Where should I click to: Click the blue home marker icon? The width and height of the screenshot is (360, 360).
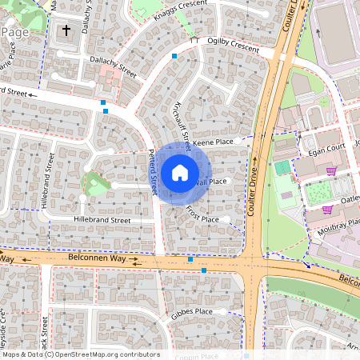coord(180,172)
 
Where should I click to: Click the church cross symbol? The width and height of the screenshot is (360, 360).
coord(66,31)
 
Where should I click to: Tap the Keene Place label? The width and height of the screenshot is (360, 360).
coord(212,142)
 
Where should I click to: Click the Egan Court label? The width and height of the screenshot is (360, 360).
coord(324,148)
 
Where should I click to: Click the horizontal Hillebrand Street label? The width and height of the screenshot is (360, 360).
coord(102,219)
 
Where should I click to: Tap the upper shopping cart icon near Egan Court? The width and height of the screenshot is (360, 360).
coord(331,170)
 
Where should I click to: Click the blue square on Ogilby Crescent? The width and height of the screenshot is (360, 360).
coord(174,56)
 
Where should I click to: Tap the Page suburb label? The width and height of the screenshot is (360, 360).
coord(16,31)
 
